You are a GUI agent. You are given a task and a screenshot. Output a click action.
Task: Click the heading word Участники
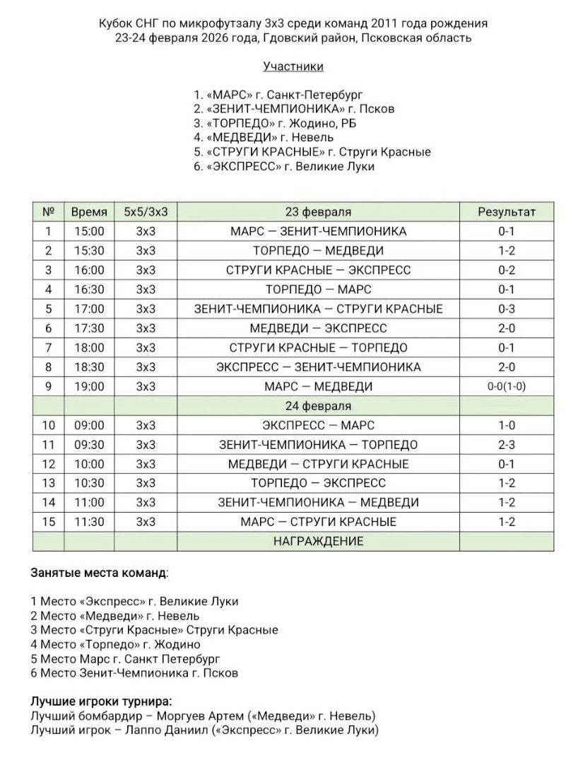pyautogui.click(x=293, y=66)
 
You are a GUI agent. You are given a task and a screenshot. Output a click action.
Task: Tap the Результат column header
pyautogui.click(x=507, y=211)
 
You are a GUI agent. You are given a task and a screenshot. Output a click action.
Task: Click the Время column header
pyautogui.click(x=89, y=211)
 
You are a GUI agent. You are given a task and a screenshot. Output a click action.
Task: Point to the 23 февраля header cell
pyautogui.click(x=318, y=211)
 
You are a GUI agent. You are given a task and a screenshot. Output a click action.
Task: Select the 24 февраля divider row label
pyautogui.click(x=318, y=406)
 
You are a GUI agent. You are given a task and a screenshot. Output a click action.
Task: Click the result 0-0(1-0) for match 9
pyautogui.click(x=507, y=387)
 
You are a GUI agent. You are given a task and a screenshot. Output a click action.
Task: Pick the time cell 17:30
pyautogui.click(x=89, y=328)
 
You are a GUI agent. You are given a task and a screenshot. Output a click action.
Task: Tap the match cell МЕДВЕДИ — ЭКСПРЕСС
pyautogui.click(x=318, y=328)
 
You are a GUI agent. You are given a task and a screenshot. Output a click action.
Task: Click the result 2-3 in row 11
pyautogui.click(x=507, y=445)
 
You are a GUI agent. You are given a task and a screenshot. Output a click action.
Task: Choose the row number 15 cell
pyautogui.click(x=48, y=522)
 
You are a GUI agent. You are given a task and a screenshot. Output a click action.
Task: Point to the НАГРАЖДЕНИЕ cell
pyautogui.click(x=318, y=541)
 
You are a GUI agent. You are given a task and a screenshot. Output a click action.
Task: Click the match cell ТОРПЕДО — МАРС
pyautogui.click(x=318, y=289)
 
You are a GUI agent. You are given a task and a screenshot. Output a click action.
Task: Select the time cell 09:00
pyautogui.click(x=89, y=425)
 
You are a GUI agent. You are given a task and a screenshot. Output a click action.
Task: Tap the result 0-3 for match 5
pyautogui.click(x=507, y=309)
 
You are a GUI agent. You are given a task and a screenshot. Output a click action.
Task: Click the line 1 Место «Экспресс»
pyautogui.click(x=134, y=601)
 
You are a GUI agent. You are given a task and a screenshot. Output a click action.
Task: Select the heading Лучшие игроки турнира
pyautogui.click(x=100, y=701)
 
